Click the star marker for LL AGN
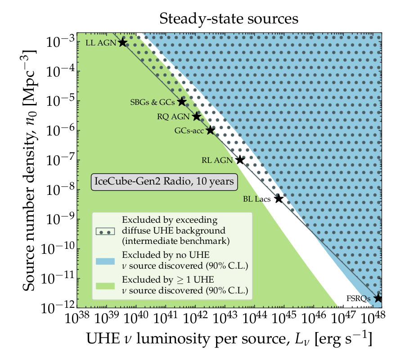122,42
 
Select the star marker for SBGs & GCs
182,102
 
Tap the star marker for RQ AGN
197,117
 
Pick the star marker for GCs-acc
211,130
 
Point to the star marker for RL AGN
240,160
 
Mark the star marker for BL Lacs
279,198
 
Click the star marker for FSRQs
378,298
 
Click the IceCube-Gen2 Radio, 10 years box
164,182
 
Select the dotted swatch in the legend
105,231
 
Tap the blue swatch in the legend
105,261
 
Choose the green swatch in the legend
105,285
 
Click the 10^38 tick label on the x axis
77,320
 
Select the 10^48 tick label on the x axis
373,320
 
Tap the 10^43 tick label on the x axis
225,320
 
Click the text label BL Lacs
257,198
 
